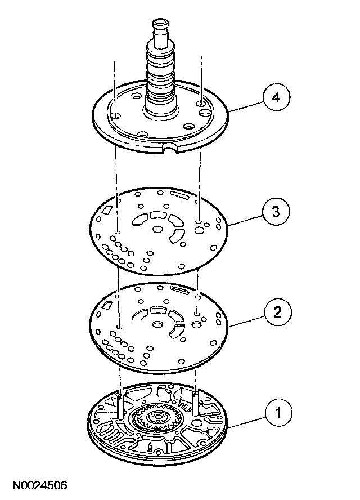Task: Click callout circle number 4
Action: [x=274, y=98]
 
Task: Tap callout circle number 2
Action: [x=274, y=311]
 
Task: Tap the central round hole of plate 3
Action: [x=158, y=230]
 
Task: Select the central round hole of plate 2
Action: [x=157, y=325]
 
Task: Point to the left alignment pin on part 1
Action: [x=120, y=405]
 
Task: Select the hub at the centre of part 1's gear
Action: [x=160, y=418]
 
